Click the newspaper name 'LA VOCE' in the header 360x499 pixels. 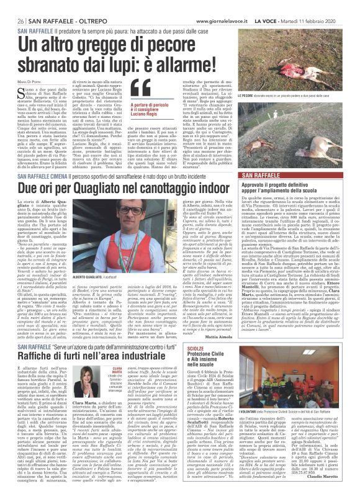click(x=278, y=20)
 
